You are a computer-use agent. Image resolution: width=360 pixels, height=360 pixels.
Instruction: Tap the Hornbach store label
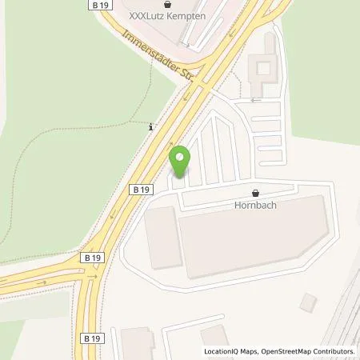point(255,205)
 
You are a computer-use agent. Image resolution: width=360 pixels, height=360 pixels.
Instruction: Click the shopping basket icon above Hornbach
point(255,193)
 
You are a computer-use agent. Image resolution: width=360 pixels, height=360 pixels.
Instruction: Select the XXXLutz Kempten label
point(167,16)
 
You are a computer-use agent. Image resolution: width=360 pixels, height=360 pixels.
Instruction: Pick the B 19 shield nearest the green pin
point(141,190)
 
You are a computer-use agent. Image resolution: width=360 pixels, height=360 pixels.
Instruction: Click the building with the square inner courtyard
point(262,72)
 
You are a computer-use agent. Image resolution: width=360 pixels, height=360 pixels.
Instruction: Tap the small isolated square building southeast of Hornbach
point(308,303)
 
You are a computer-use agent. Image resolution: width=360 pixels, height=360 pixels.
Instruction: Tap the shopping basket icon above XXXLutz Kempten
point(167,3)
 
